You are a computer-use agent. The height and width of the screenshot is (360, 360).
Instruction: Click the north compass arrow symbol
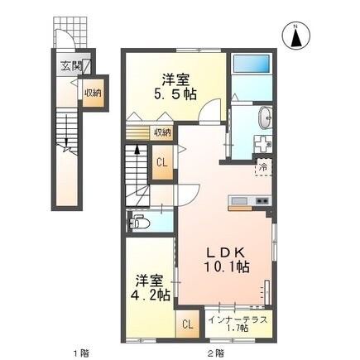(295, 36)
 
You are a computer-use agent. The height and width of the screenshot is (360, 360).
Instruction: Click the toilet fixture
(141, 222)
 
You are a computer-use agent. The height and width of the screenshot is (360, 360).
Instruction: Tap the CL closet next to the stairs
(162, 163)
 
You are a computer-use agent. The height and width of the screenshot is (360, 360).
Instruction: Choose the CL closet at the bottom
(187, 323)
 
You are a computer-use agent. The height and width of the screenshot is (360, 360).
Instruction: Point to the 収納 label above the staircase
(161, 132)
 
